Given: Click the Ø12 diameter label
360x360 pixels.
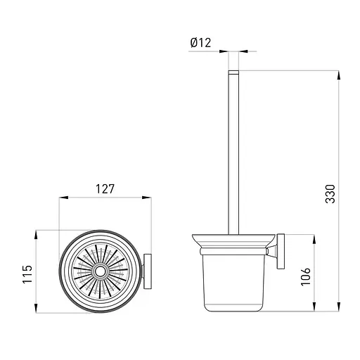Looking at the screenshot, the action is pos(200,43).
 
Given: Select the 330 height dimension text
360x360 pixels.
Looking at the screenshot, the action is pos(330,193).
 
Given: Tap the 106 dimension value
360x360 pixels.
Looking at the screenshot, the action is pos(306,276).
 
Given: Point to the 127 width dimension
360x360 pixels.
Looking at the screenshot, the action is pos(105,189).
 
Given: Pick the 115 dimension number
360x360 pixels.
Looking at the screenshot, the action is pos(27,274).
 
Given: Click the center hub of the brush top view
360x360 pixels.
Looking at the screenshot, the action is pos(101,271).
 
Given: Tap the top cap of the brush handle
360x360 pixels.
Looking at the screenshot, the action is pos(233,72).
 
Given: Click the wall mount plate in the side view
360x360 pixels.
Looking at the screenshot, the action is pos(281,251).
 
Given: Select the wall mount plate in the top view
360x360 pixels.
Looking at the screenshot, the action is pos(148,271).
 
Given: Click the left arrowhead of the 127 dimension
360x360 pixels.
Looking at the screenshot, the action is pos(63,198).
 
